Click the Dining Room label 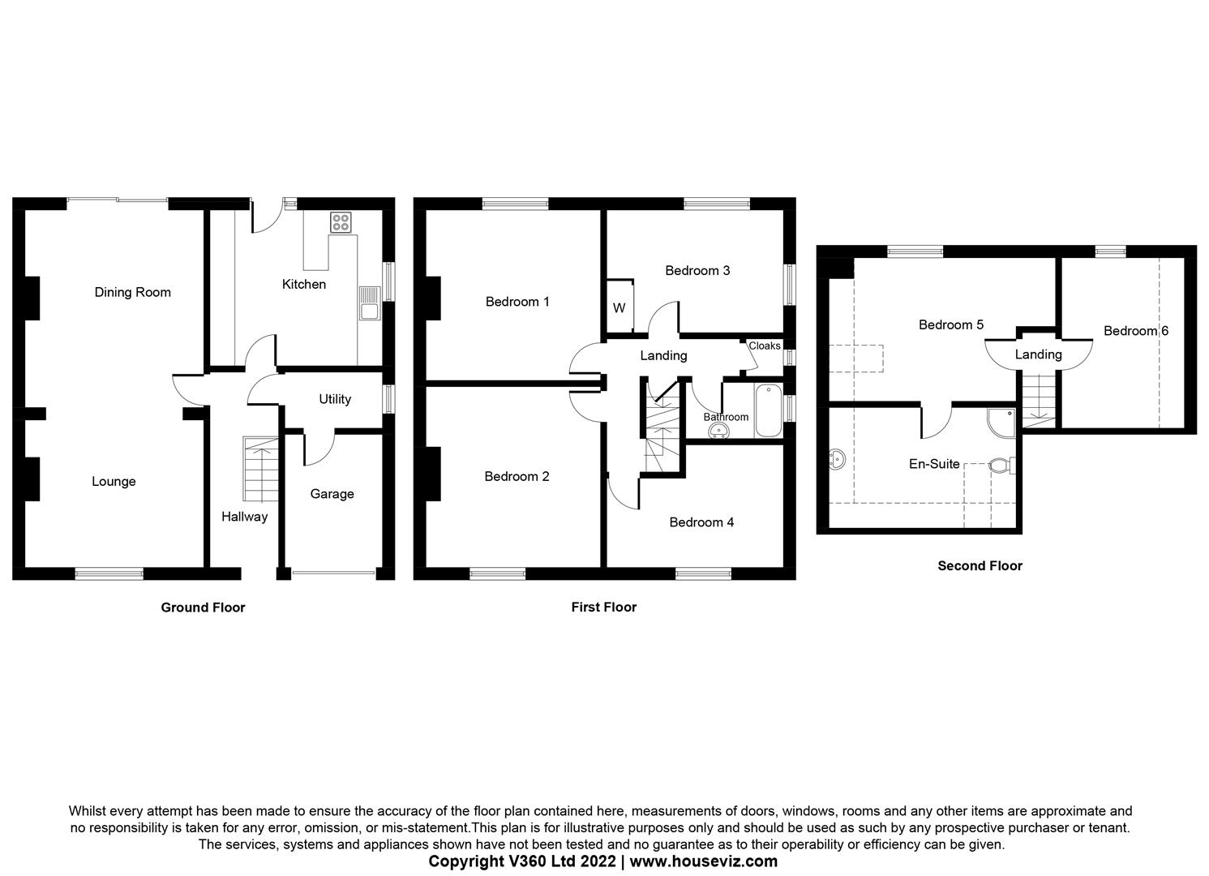[132, 292]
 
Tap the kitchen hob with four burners [341, 221]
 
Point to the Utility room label [334, 399]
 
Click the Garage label [332, 494]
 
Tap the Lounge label [114, 482]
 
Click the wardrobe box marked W [620, 308]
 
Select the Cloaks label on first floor [764, 346]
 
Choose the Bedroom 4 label [701, 522]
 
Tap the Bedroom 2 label [517, 476]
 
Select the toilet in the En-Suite [1001, 466]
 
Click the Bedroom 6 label [1135, 331]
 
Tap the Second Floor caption [980, 566]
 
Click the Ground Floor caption [203, 608]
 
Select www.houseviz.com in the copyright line [703, 861]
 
